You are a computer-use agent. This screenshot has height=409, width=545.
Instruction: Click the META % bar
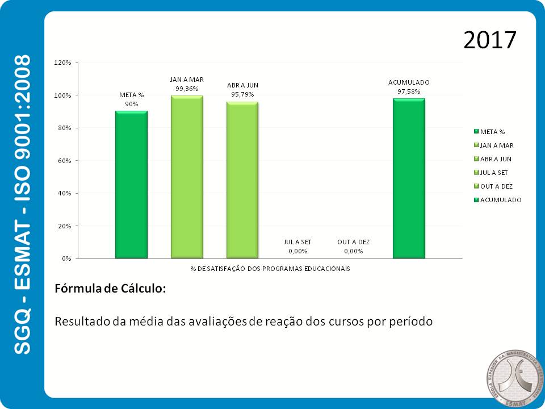pyautogui.click(x=131, y=185)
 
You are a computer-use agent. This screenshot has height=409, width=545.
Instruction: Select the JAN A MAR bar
pyautogui.click(x=187, y=177)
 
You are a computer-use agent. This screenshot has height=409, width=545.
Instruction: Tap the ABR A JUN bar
pyautogui.click(x=242, y=180)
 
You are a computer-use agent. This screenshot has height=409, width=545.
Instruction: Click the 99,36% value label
pyautogui.click(x=187, y=89)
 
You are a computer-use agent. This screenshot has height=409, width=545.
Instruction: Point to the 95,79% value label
pyautogui.click(x=242, y=94)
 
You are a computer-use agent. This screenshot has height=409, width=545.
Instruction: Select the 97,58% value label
pyautogui.click(x=409, y=91)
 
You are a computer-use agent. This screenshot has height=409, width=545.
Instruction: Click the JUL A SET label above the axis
pyautogui.click(x=297, y=242)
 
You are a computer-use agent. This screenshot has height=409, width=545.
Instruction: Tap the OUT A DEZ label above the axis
pyautogui.click(x=353, y=242)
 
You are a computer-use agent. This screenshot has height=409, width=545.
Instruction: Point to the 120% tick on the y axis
pyautogui.click(x=62, y=62)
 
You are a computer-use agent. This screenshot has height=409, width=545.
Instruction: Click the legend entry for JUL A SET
pyautogui.click(x=494, y=173)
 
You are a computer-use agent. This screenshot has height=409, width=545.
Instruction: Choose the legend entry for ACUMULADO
pyautogui.click(x=500, y=200)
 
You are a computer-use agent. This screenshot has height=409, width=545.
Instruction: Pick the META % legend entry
pyautogui.click(x=492, y=132)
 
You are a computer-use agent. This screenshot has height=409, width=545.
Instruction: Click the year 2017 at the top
pyautogui.click(x=489, y=40)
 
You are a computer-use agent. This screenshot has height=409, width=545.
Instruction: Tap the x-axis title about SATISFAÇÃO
pyautogui.click(x=270, y=268)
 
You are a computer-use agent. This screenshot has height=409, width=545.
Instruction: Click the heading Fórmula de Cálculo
pyautogui.click(x=110, y=288)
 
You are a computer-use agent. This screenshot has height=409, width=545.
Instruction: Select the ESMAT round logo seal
pyautogui.click(x=510, y=376)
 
